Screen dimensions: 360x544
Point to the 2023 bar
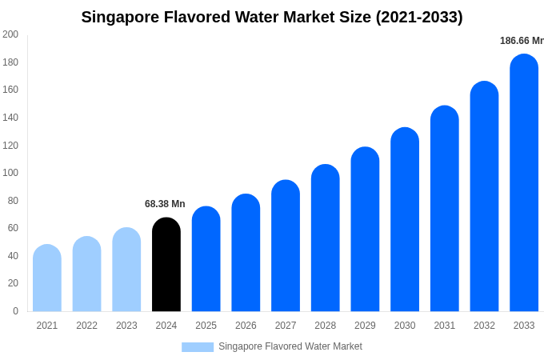click(126, 270)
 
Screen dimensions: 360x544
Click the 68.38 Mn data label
click(165, 204)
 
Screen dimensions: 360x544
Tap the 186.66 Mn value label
click(521, 41)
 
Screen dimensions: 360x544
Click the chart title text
click(272, 17)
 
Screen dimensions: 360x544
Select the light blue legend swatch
click(198, 347)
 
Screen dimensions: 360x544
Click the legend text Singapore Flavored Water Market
click(290, 346)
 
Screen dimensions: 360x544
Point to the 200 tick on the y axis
click(10, 34)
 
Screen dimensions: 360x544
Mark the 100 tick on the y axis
click(10, 173)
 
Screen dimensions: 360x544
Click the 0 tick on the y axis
click(15, 311)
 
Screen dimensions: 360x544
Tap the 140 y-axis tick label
click(10, 118)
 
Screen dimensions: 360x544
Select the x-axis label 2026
click(246, 326)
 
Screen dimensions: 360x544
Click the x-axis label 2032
click(484, 326)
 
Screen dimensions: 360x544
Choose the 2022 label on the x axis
click(86, 326)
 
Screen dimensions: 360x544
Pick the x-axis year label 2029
click(365, 326)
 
